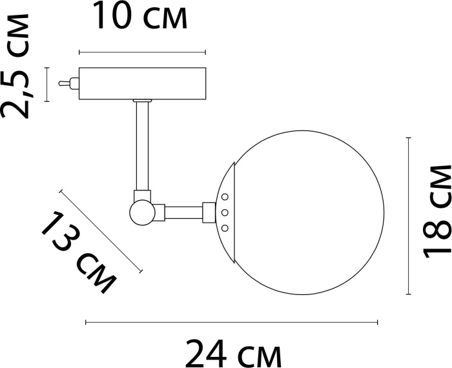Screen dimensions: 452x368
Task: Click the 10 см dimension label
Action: (140, 15)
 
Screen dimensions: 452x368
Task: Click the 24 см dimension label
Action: (233, 353)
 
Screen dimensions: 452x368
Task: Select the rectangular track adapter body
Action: (143, 83)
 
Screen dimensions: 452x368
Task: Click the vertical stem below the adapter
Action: (143, 146)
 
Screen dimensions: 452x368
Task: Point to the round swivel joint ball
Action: (143, 212)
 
